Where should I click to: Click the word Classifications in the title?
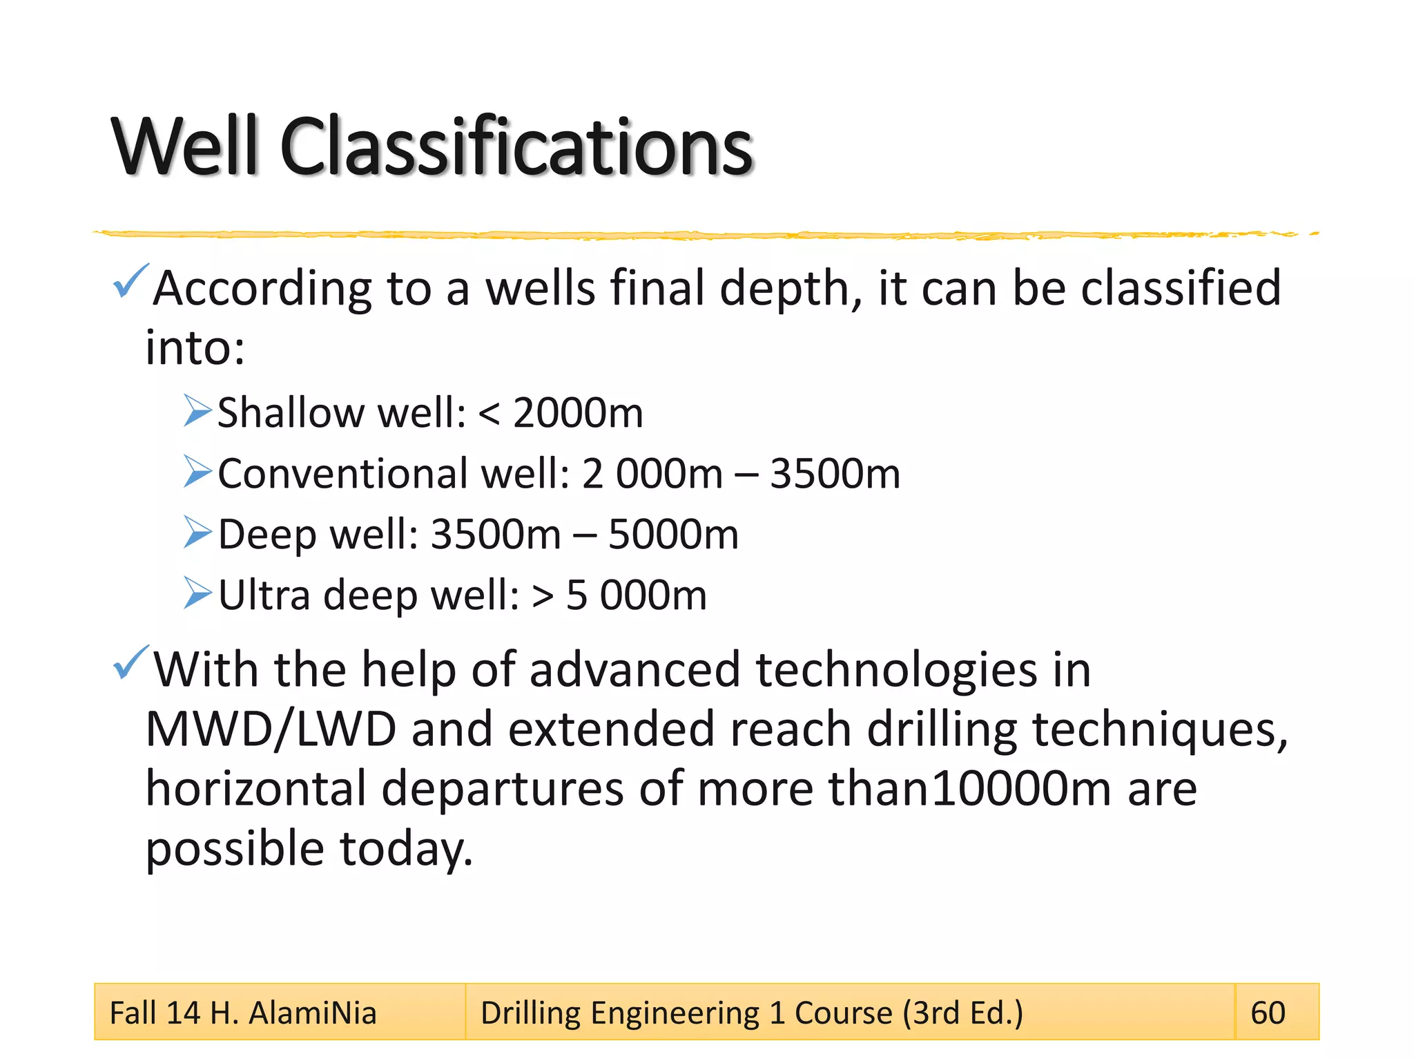pos(515,146)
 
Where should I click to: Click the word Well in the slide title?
pos(185,146)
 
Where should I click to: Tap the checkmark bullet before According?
pos(129,280)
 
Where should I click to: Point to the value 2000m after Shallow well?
pos(577,413)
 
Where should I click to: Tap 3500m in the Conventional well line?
pos(834,474)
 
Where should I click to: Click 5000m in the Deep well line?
pos(672,535)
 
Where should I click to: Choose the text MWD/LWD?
pos(271,729)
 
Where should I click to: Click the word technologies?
pos(896,670)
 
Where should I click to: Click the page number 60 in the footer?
pos(1268,1013)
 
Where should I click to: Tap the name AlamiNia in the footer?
pos(312,1013)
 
